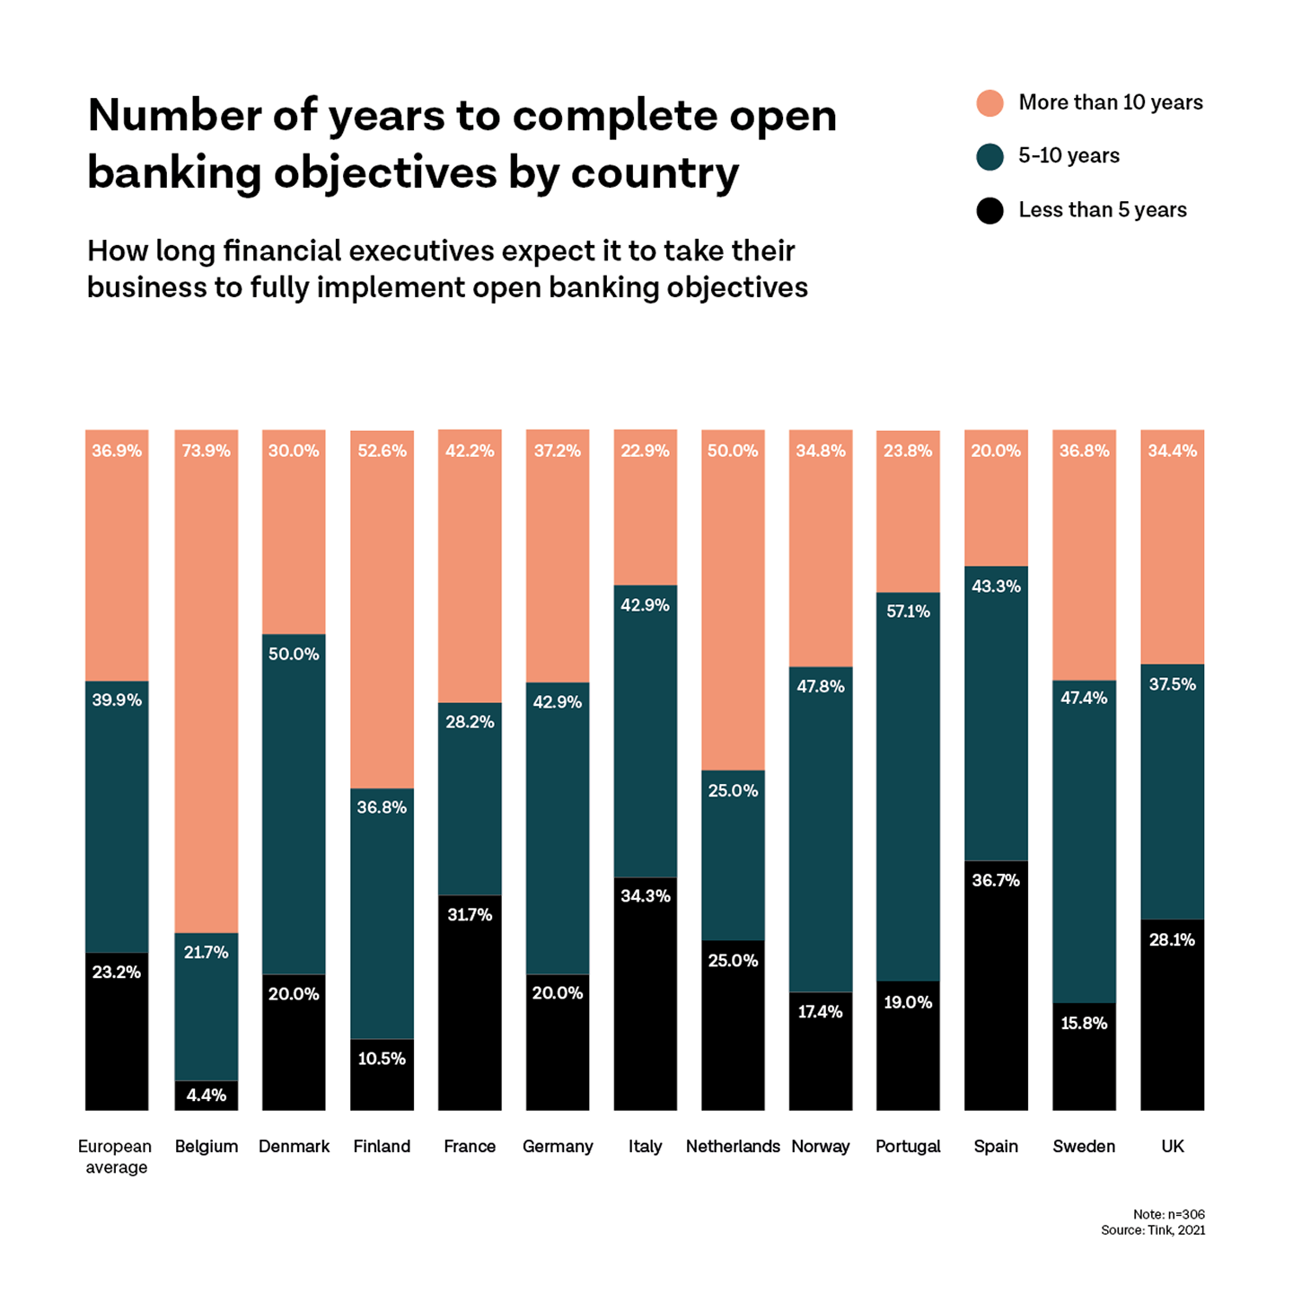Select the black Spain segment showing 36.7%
click(x=996, y=986)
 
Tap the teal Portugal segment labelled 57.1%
click(x=908, y=787)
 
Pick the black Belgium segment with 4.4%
click(x=207, y=1096)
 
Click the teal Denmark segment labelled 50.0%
click(x=294, y=805)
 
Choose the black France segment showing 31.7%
click(x=470, y=1003)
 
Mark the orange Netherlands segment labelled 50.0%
click(x=733, y=600)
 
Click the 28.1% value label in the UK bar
click(x=1172, y=940)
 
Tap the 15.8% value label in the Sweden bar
click(x=1084, y=1024)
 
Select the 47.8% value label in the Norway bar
click(x=820, y=687)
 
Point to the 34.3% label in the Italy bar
click(x=645, y=896)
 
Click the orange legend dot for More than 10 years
click(x=990, y=103)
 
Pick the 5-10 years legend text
click(x=1069, y=156)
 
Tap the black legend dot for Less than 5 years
click(x=990, y=211)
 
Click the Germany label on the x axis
click(x=558, y=1147)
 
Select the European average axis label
click(x=116, y=1157)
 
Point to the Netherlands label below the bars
click(x=733, y=1147)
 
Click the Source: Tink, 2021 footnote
click(x=1153, y=1230)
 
